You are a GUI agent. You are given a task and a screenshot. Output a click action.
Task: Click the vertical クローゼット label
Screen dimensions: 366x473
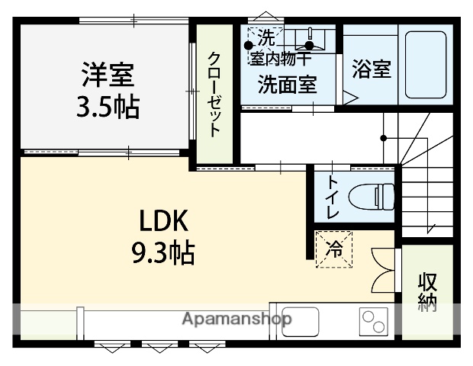coord(215,94)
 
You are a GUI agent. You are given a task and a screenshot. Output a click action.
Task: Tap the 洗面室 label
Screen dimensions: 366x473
coord(287,84)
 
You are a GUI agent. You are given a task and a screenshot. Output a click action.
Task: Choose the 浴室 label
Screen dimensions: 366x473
coord(372,69)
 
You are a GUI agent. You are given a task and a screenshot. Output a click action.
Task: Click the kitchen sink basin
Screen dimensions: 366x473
coord(299,320)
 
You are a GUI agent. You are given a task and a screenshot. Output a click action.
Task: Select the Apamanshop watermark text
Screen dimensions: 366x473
coord(236,319)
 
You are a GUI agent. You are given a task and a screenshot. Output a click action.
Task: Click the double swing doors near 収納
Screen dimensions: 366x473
coord(383,266)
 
